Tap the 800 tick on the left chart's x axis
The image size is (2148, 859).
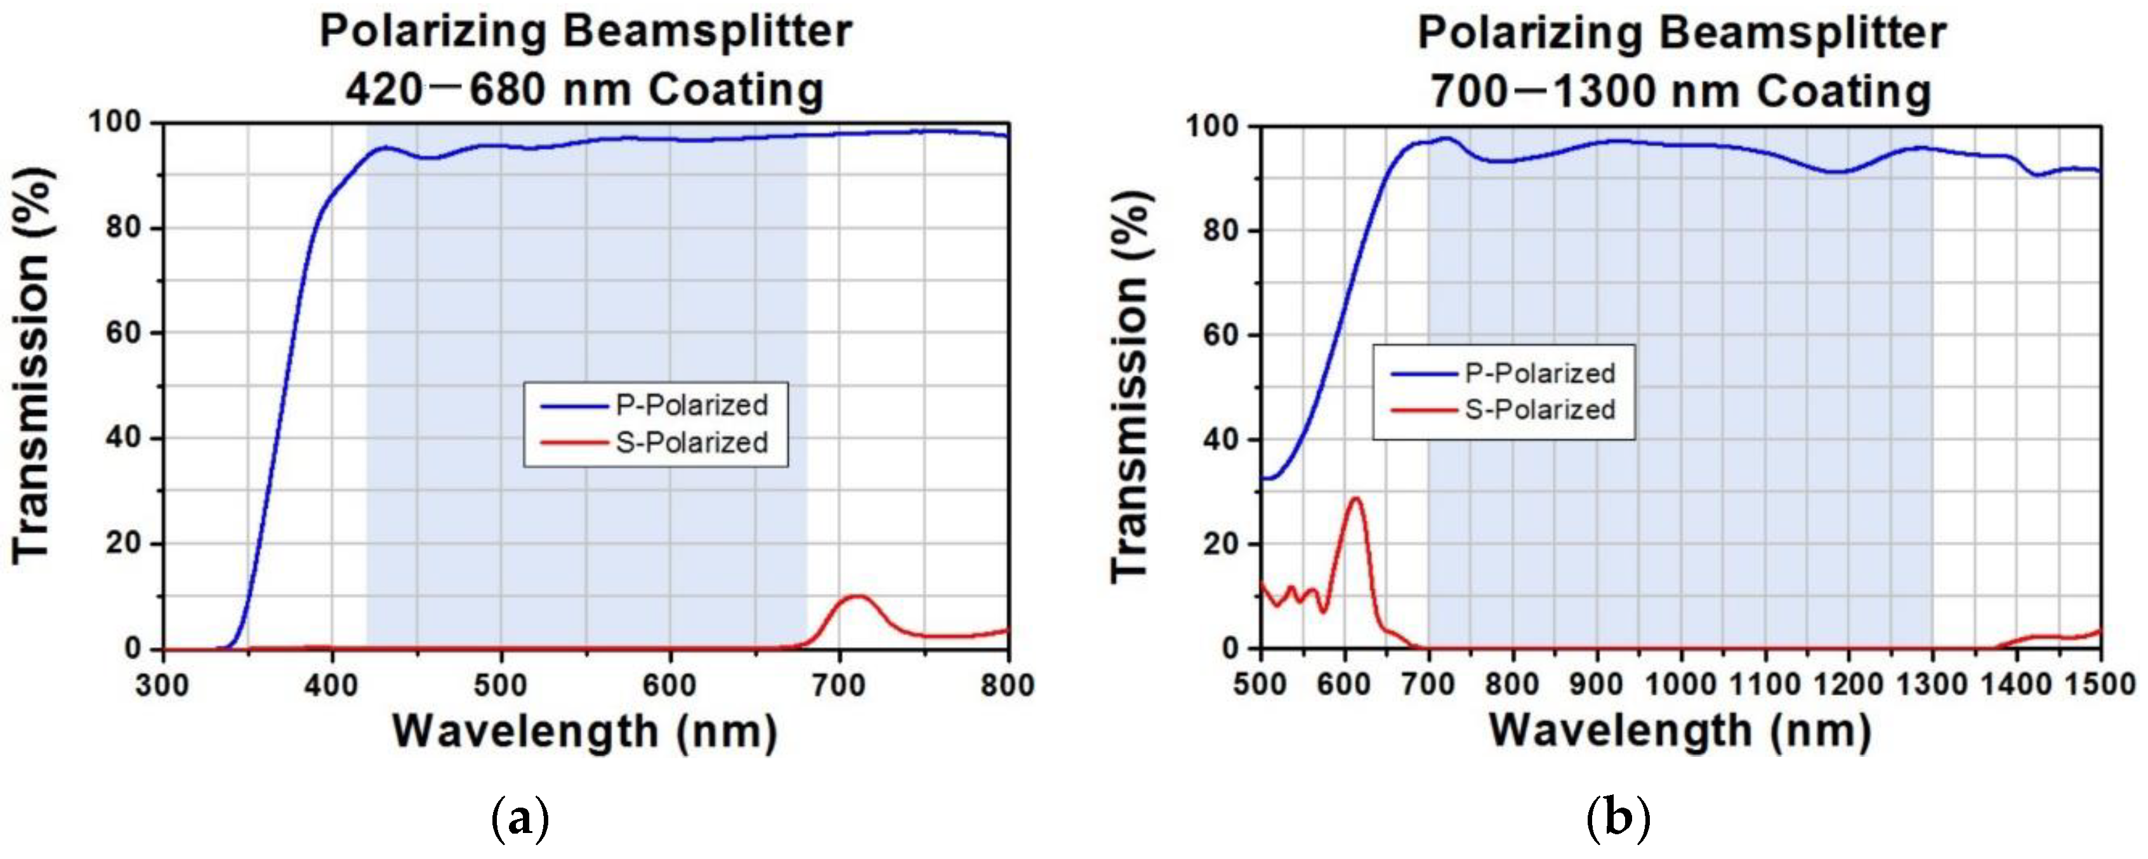[1008, 686]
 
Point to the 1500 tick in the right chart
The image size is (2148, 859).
[2100, 686]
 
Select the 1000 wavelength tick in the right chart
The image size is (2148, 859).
[1680, 686]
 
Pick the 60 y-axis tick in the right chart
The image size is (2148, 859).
[1222, 335]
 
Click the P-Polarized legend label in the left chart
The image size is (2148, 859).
[691, 405]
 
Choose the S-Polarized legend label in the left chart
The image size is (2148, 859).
[691, 443]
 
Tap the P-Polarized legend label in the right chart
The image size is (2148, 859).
[1540, 373]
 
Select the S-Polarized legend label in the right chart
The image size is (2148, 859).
[1540, 409]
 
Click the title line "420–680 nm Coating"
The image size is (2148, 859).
[584, 90]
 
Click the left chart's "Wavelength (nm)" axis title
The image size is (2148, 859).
[584, 732]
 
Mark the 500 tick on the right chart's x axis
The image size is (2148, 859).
[1260, 686]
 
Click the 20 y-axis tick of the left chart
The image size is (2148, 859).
[123, 544]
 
